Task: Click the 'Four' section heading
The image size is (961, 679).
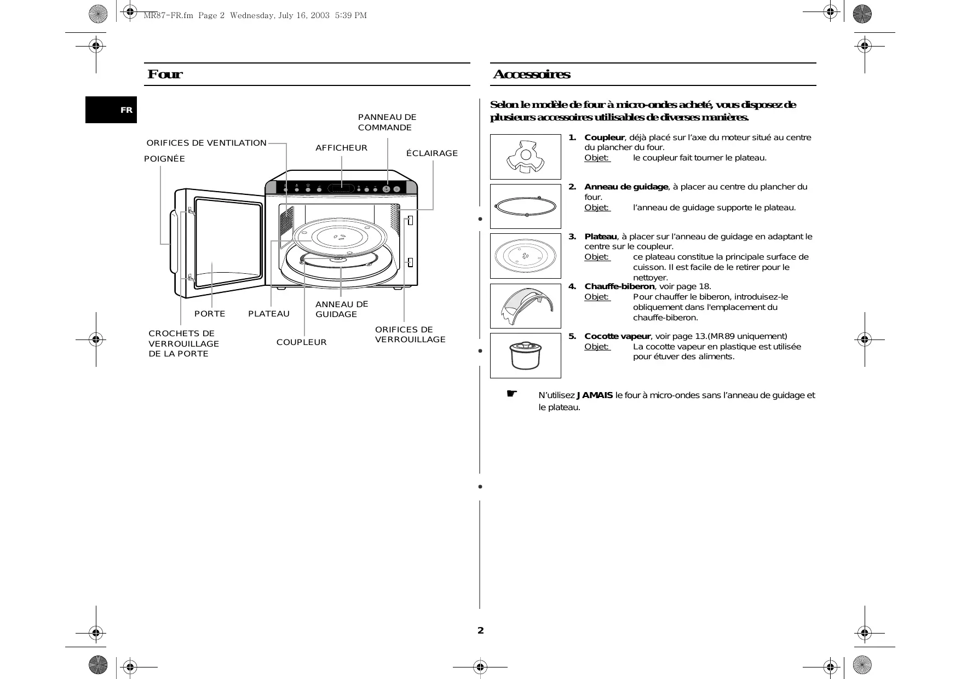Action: pos(165,74)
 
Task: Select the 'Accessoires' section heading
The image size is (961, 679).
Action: pos(531,74)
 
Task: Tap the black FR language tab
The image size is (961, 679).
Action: pos(111,110)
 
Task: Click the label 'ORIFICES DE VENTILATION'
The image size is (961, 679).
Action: pos(206,143)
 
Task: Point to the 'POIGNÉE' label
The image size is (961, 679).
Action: pos(164,159)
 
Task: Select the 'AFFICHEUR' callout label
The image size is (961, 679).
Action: pos(341,148)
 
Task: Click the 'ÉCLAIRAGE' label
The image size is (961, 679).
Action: pos(431,153)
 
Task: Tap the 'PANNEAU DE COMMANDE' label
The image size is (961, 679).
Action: pos(387,122)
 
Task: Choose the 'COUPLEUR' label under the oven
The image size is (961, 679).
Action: pos(301,342)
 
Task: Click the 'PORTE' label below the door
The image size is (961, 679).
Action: pos(210,314)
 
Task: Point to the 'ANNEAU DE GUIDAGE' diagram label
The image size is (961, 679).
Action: pos(341,309)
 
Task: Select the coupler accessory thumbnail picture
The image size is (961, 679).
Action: pos(525,157)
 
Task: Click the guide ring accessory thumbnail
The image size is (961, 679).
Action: pos(525,206)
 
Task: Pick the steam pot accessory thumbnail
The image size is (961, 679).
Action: pos(525,355)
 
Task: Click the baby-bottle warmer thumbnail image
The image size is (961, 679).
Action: pos(525,306)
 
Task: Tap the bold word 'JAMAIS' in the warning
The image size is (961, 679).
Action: pos(595,395)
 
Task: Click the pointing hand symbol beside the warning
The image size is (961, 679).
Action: pos(511,394)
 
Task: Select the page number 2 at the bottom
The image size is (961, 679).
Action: pos(480,630)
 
